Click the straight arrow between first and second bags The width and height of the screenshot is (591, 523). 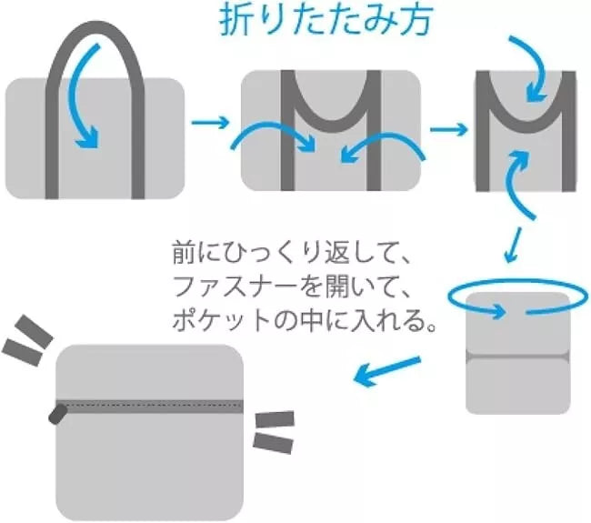[211, 121]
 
